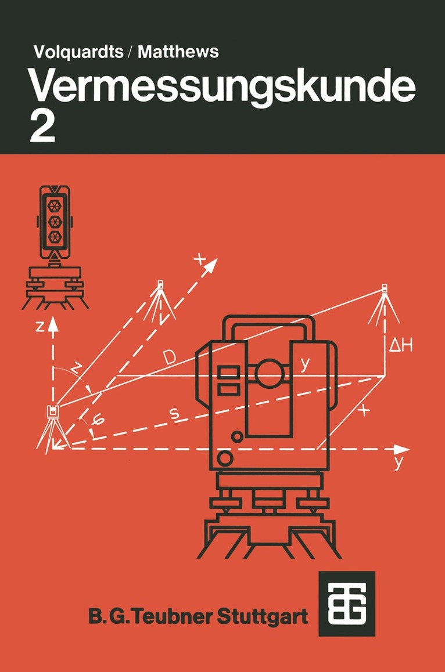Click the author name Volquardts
(78, 52)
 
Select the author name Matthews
(178, 52)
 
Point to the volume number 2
(42, 129)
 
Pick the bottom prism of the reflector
(55, 237)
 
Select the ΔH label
(401, 345)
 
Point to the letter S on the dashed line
(174, 413)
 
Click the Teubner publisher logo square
(347, 604)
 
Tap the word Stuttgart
(263, 616)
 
